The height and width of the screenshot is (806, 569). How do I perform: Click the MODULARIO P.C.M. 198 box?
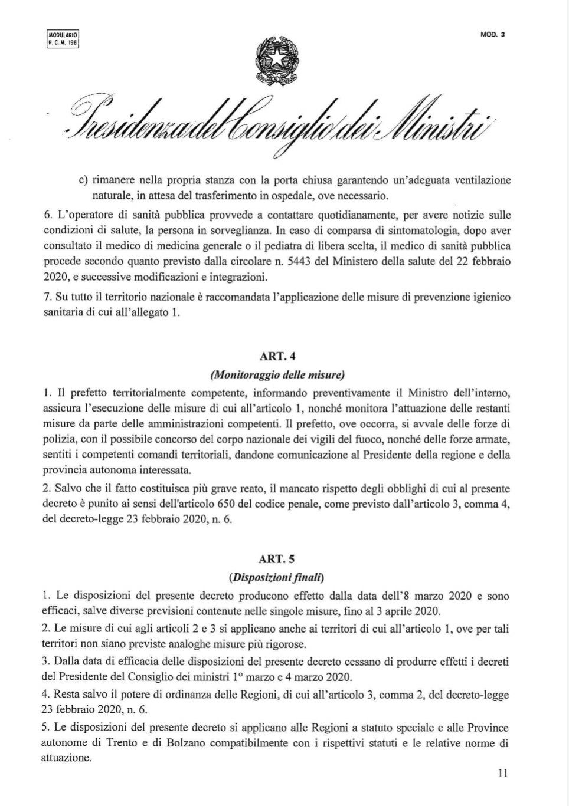[63, 39]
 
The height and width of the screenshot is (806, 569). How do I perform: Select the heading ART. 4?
[277, 358]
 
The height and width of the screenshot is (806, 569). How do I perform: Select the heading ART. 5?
[277, 560]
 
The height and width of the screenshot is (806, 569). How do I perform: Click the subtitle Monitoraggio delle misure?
[277, 374]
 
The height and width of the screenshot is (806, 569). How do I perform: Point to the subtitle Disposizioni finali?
[277, 576]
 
